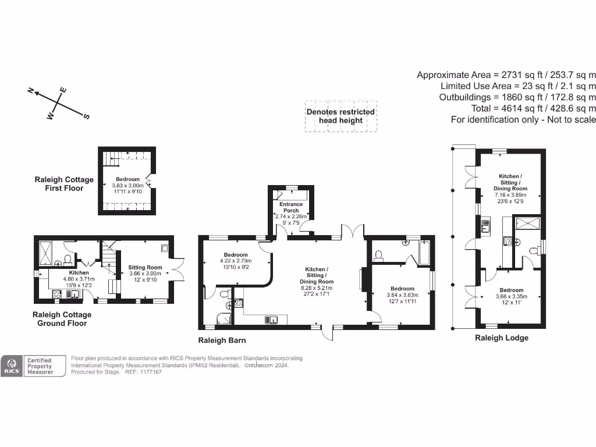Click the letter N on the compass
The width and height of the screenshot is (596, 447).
pos(31,90)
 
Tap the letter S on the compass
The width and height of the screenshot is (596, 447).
pos(87,116)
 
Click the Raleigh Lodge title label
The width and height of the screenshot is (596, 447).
pos(502,338)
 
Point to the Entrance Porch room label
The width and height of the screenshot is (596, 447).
pos(291,207)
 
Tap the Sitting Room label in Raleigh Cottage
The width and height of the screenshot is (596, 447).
pos(144,268)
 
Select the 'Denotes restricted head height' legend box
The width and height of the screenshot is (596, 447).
pos(340,116)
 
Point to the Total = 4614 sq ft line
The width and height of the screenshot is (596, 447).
pos(533,108)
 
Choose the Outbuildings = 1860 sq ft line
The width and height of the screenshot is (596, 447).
pos(517,97)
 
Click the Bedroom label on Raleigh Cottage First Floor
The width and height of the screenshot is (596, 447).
pos(127,179)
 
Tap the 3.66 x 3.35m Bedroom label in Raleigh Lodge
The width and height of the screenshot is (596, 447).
pos(509,297)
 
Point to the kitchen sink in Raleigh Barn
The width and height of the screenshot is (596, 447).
pos(271,319)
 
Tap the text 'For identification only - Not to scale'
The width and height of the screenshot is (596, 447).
pos(523,119)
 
